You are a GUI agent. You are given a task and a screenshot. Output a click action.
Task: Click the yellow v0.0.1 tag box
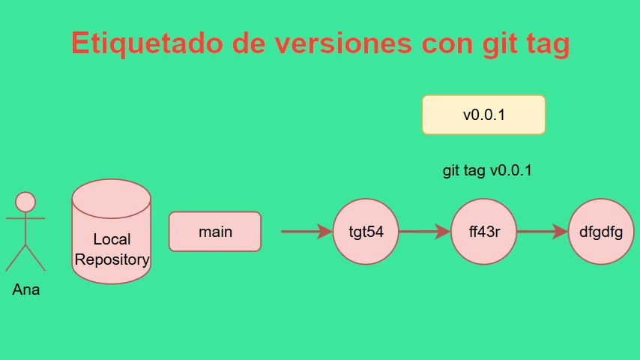pos(483,115)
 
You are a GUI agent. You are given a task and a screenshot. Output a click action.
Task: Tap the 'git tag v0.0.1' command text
pos(487,170)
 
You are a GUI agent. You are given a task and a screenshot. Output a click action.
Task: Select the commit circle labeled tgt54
pos(366,232)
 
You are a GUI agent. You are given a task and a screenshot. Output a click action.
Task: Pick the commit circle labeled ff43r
pos(483,232)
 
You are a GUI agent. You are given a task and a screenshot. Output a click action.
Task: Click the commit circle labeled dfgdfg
pos(601,232)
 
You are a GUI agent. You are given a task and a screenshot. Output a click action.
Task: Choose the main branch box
pos(215,232)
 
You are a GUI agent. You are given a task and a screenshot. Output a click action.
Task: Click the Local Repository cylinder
pos(112,231)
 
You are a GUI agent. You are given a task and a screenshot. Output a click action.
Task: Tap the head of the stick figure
pos(25,202)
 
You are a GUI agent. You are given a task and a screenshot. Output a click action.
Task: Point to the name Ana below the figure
pos(26,289)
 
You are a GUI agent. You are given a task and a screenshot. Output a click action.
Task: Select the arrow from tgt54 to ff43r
pos(424,232)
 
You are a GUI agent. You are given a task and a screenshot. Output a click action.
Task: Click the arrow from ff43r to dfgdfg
pos(543,232)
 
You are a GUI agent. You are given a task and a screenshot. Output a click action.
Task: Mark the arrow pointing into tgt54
pos(307,232)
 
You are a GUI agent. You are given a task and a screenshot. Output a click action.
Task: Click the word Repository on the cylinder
pos(112,259)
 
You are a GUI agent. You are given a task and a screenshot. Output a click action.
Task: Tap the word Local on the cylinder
pos(112,239)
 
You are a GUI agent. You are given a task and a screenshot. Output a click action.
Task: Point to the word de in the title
pos(249,43)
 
